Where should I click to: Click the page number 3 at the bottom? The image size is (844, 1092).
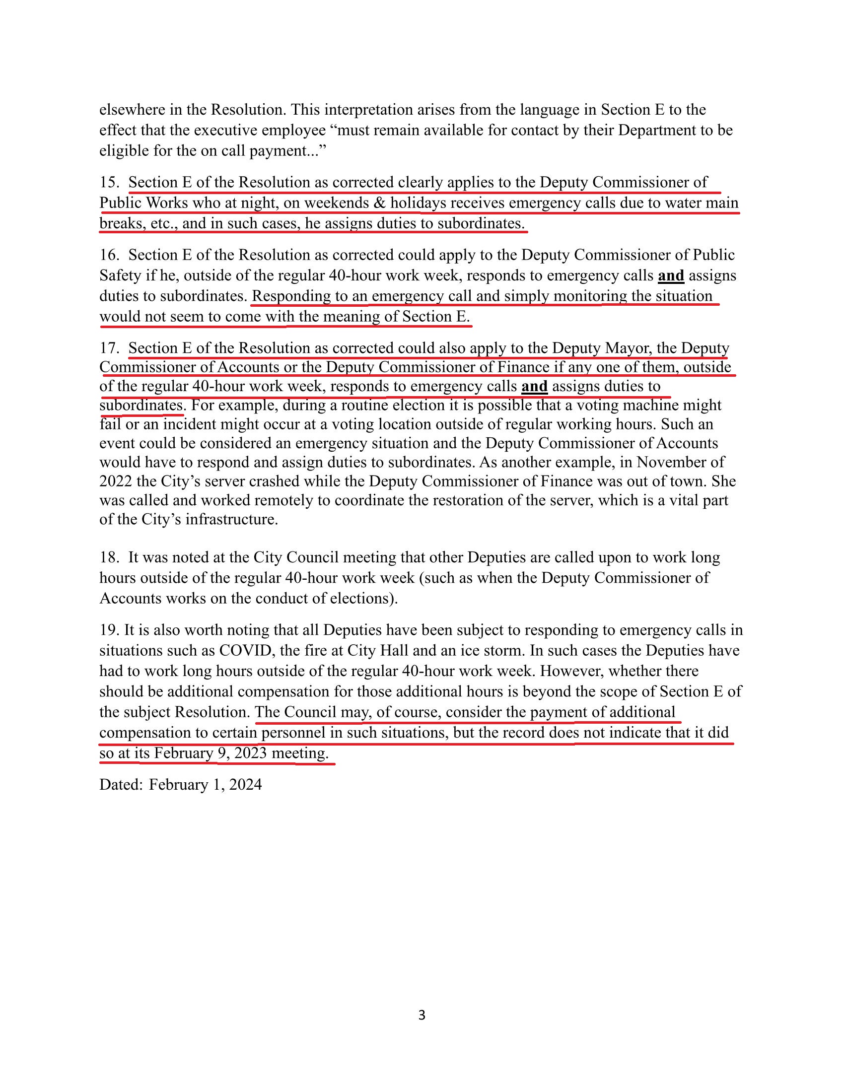[x=422, y=1015]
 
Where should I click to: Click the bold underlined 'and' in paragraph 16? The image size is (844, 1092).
[x=671, y=275]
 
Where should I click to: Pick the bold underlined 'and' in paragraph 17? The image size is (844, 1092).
[x=534, y=386]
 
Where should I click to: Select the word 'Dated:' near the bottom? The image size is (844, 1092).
[x=121, y=784]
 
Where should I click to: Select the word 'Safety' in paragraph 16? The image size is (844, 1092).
[x=115, y=275]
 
